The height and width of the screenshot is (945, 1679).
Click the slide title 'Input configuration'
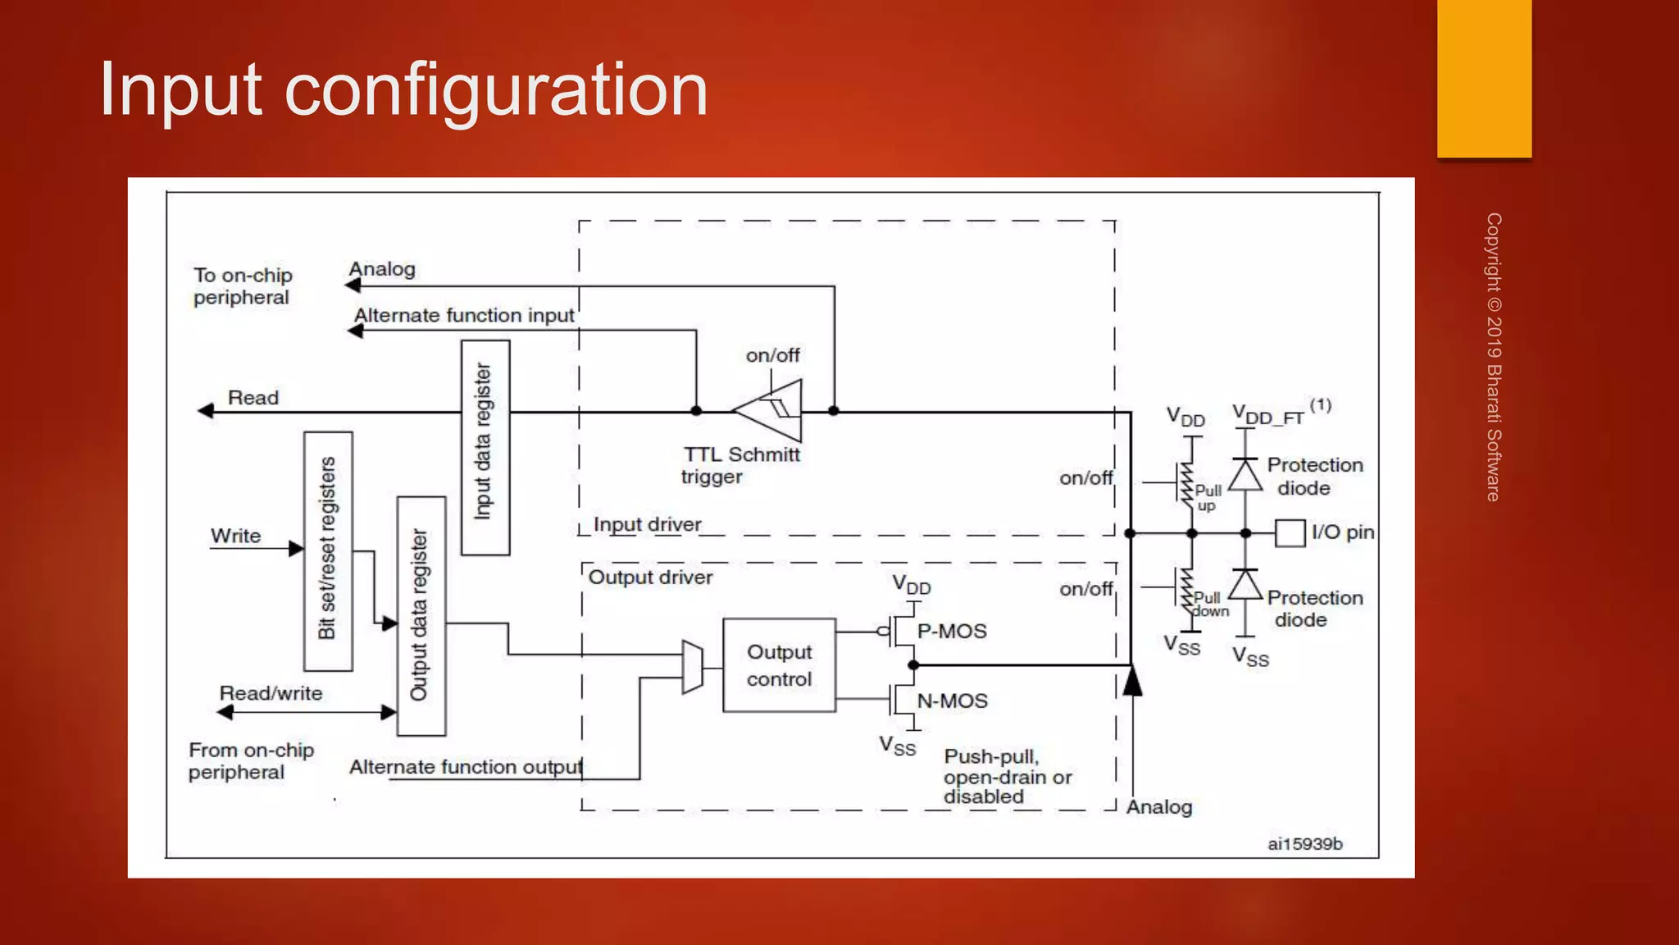403,90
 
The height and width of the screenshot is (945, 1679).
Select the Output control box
779,665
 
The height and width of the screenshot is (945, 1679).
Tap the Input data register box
485,448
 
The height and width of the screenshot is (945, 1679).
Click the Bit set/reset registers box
328,550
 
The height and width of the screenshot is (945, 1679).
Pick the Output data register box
421,616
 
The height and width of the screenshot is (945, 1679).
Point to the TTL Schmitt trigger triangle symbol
771,410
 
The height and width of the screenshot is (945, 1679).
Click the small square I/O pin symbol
1290,533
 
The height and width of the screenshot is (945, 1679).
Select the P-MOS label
951,631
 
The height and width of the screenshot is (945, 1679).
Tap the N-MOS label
952,701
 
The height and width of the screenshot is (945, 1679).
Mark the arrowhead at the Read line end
205,411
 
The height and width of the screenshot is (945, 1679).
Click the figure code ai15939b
1304,843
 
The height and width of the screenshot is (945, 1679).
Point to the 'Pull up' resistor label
1208,497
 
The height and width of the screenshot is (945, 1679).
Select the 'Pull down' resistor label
1209,605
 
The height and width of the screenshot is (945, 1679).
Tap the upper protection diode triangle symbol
1245,475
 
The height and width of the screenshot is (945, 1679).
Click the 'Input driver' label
647,524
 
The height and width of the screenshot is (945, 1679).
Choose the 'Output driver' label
650,577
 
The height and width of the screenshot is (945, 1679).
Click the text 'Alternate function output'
465,767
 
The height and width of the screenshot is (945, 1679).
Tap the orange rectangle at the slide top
1484,78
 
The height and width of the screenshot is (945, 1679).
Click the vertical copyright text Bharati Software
1494,357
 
